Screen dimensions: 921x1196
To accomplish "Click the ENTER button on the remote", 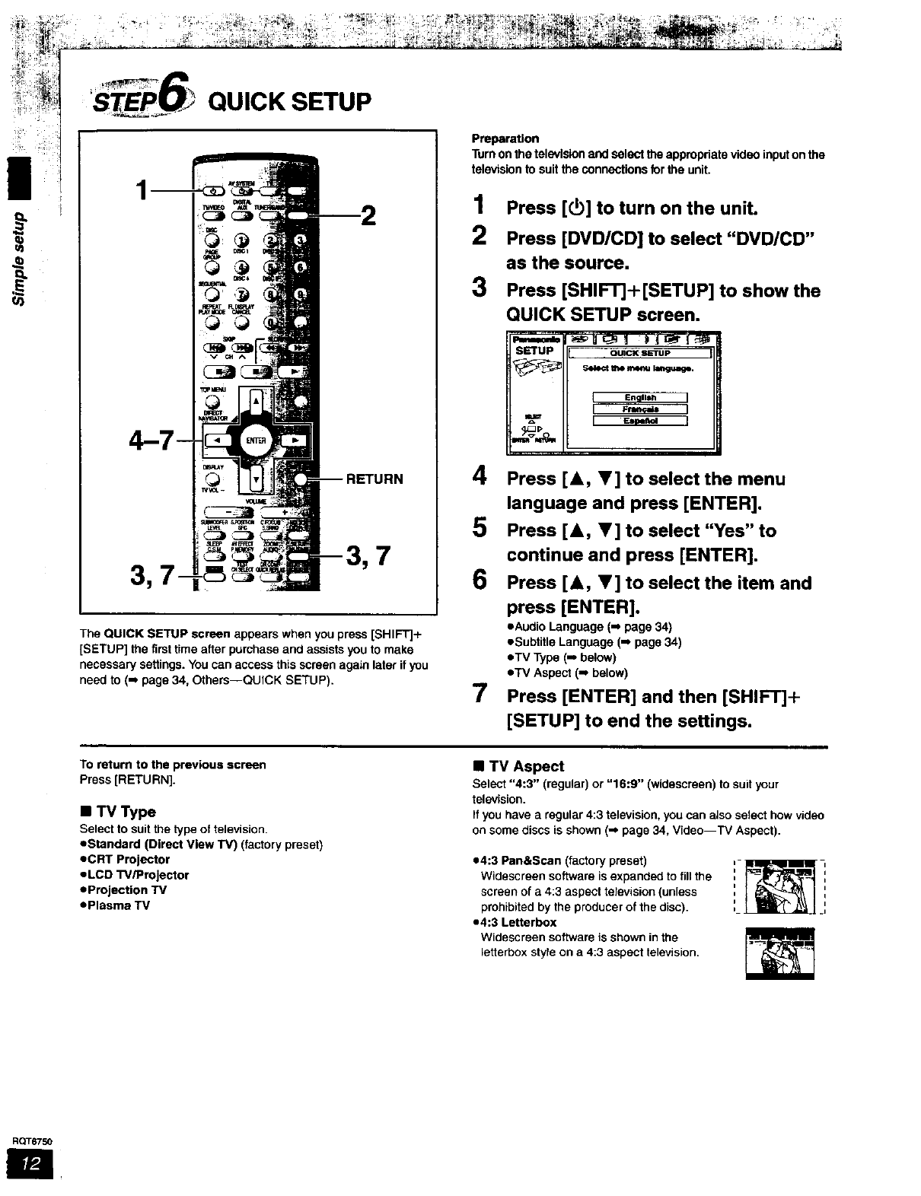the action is tap(256, 441).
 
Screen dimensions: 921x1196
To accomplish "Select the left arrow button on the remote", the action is tap(214, 441).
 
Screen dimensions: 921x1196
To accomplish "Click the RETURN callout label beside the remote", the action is tap(374, 479).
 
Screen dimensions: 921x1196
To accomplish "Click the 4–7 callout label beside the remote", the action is tap(153, 439).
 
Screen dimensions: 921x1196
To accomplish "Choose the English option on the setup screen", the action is tap(639, 397).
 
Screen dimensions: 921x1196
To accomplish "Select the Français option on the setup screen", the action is tap(639, 409).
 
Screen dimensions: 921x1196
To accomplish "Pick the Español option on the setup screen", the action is tap(639, 421).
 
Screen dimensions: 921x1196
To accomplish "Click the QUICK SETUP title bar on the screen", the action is tap(639, 353).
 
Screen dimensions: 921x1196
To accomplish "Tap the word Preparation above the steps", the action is tap(505, 138).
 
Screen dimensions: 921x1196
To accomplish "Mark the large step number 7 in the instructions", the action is tap(480, 695).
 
